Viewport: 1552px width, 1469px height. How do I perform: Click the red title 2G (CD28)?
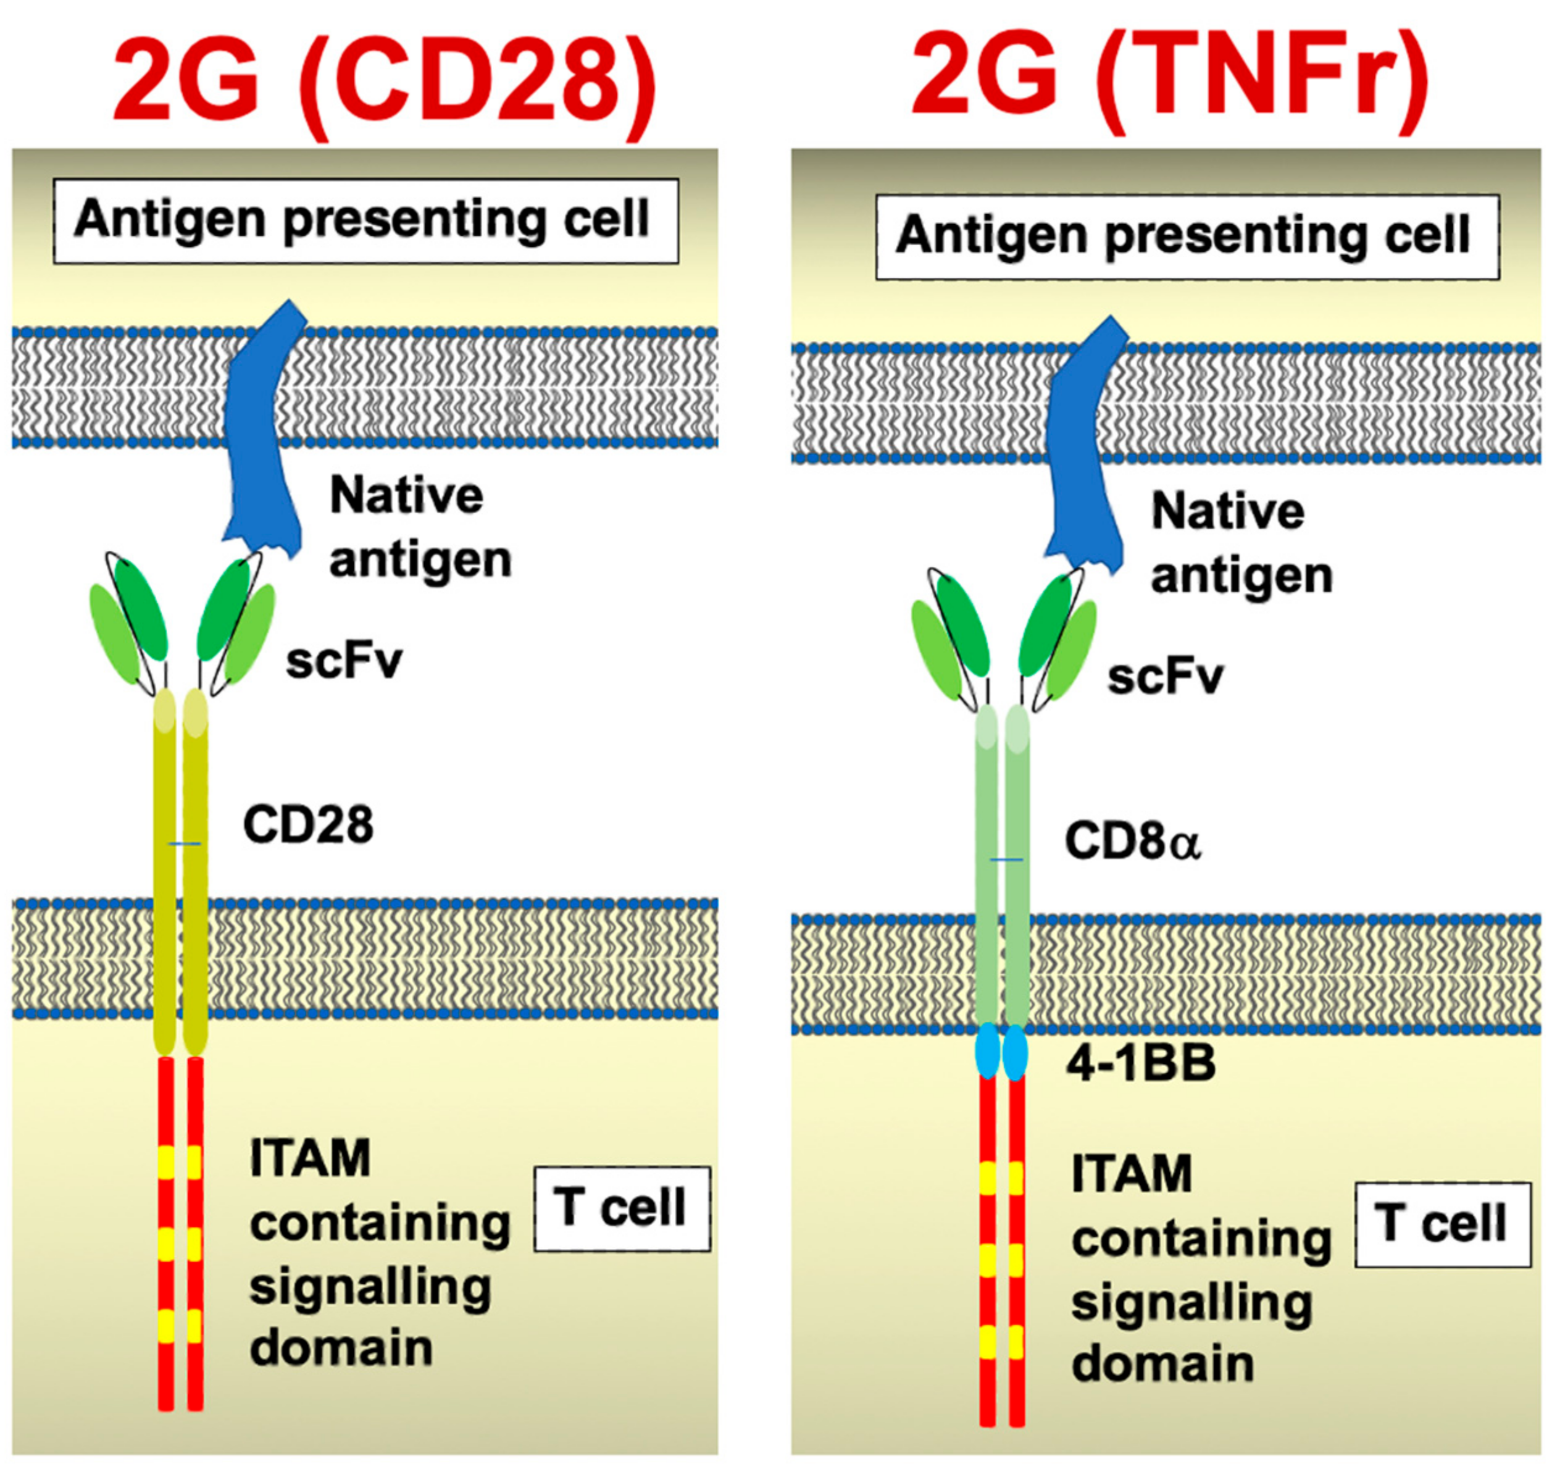[x=384, y=82]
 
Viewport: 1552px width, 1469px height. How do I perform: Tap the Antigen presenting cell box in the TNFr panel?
[x=1187, y=236]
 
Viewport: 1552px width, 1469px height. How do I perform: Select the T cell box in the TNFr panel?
[x=1442, y=1224]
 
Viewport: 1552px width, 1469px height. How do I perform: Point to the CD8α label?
[x=1132, y=842]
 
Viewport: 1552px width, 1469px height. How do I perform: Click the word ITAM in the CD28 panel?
[x=310, y=1158]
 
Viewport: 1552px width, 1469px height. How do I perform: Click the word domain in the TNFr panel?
[x=1162, y=1363]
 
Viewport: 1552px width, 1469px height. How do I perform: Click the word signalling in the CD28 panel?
[x=370, y=1288]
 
